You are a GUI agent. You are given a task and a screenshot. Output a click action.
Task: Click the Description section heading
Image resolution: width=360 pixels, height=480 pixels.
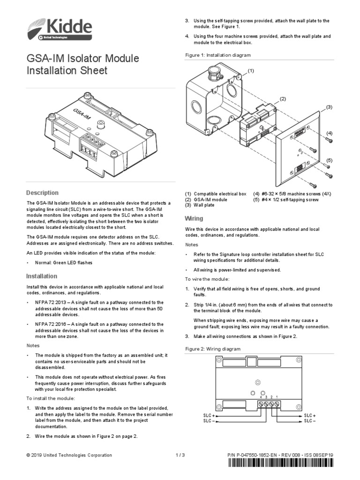[42, 193]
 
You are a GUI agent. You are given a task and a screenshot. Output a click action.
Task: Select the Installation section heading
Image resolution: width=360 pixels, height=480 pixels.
[42, 276]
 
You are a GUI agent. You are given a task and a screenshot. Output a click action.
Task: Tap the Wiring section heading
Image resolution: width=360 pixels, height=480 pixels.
[194, 218]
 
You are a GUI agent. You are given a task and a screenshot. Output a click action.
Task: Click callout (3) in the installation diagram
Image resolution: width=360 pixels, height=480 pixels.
[329, 107]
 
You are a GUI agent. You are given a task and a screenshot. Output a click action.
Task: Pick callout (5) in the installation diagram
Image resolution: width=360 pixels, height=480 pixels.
[329, 160]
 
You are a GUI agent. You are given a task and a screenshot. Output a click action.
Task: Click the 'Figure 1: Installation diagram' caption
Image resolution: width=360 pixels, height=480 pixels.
[217, 55]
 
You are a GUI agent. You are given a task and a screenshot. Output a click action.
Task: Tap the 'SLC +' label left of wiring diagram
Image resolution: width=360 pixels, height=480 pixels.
[209, 415]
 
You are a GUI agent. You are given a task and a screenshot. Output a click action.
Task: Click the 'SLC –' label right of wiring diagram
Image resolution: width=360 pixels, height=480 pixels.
[310, 421]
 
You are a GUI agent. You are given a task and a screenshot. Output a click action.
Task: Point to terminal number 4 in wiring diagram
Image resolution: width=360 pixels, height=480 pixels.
[261, 397]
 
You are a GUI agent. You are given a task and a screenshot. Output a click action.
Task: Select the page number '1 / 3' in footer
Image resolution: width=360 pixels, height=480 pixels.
[180, 455]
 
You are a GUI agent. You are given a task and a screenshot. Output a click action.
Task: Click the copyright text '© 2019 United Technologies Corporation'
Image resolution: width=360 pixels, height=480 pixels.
[69, 455]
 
